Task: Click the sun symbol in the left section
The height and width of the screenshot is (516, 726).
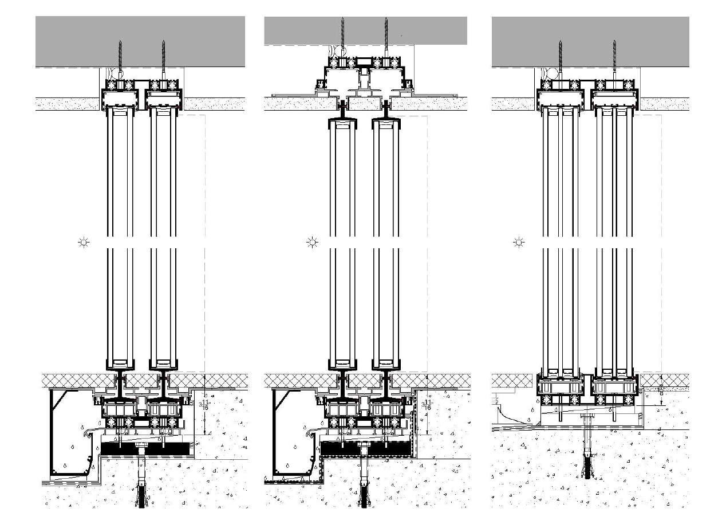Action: [x=84, y=243]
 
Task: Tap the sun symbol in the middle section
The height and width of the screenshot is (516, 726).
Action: [x=313, y=243]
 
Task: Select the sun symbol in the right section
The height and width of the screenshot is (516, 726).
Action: [x=519, y=243]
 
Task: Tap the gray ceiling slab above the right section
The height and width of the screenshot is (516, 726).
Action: [x=658, y=40]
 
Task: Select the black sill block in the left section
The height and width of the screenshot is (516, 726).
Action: [x=172, y=447]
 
